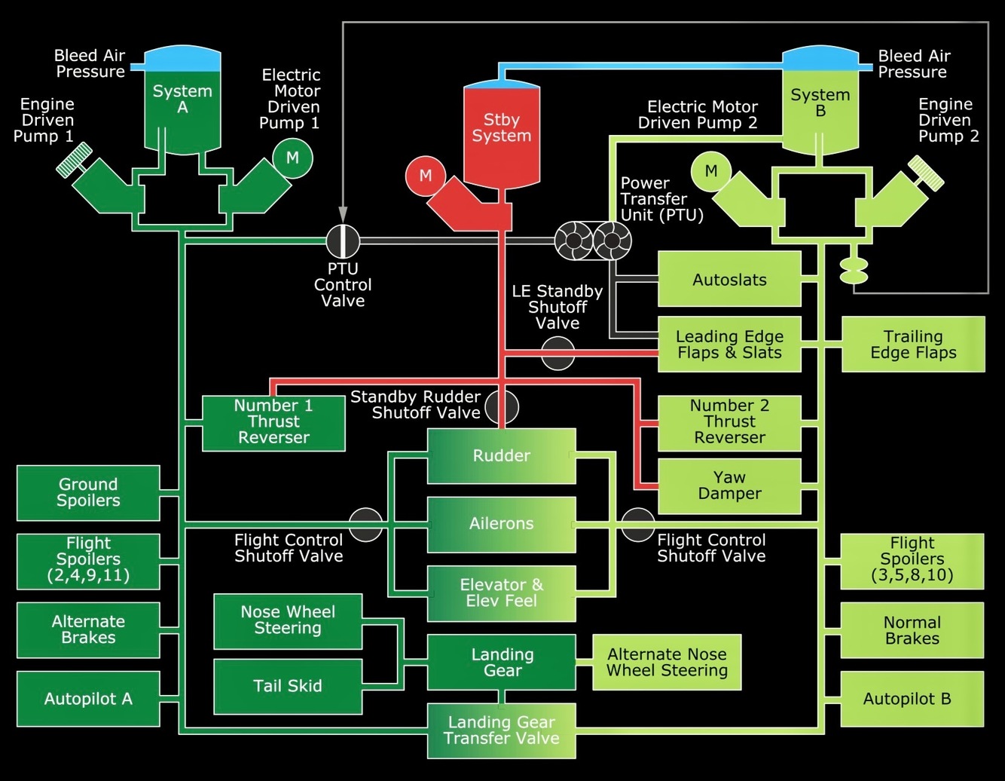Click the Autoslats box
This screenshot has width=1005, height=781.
pos(729,279)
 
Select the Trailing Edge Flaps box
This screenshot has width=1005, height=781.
pos(913,345)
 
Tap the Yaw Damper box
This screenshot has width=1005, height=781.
pos(729,485)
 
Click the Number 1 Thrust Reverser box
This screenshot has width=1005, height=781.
pos(273,424)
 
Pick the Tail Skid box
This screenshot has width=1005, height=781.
pos(288,687)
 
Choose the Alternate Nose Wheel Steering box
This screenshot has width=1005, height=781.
pos(667,662)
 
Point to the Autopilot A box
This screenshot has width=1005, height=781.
pos(88,699)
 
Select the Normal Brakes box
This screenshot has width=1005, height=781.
pos(912,630)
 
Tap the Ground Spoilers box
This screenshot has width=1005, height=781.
pos(88,493)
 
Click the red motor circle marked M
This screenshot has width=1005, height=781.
pos(426,176)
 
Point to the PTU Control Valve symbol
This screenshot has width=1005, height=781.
pos(343,241)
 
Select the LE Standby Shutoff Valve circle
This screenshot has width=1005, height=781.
pos(557,353)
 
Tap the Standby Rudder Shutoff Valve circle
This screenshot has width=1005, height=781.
pos(502,407)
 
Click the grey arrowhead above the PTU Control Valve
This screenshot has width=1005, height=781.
pos(343,214)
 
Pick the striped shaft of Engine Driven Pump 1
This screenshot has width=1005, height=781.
pos(74,160)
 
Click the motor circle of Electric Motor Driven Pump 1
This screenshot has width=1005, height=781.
pos(293,158)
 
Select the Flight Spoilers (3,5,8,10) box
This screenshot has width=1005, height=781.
pos(912,561)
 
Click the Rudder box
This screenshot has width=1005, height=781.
pos(501,456)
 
